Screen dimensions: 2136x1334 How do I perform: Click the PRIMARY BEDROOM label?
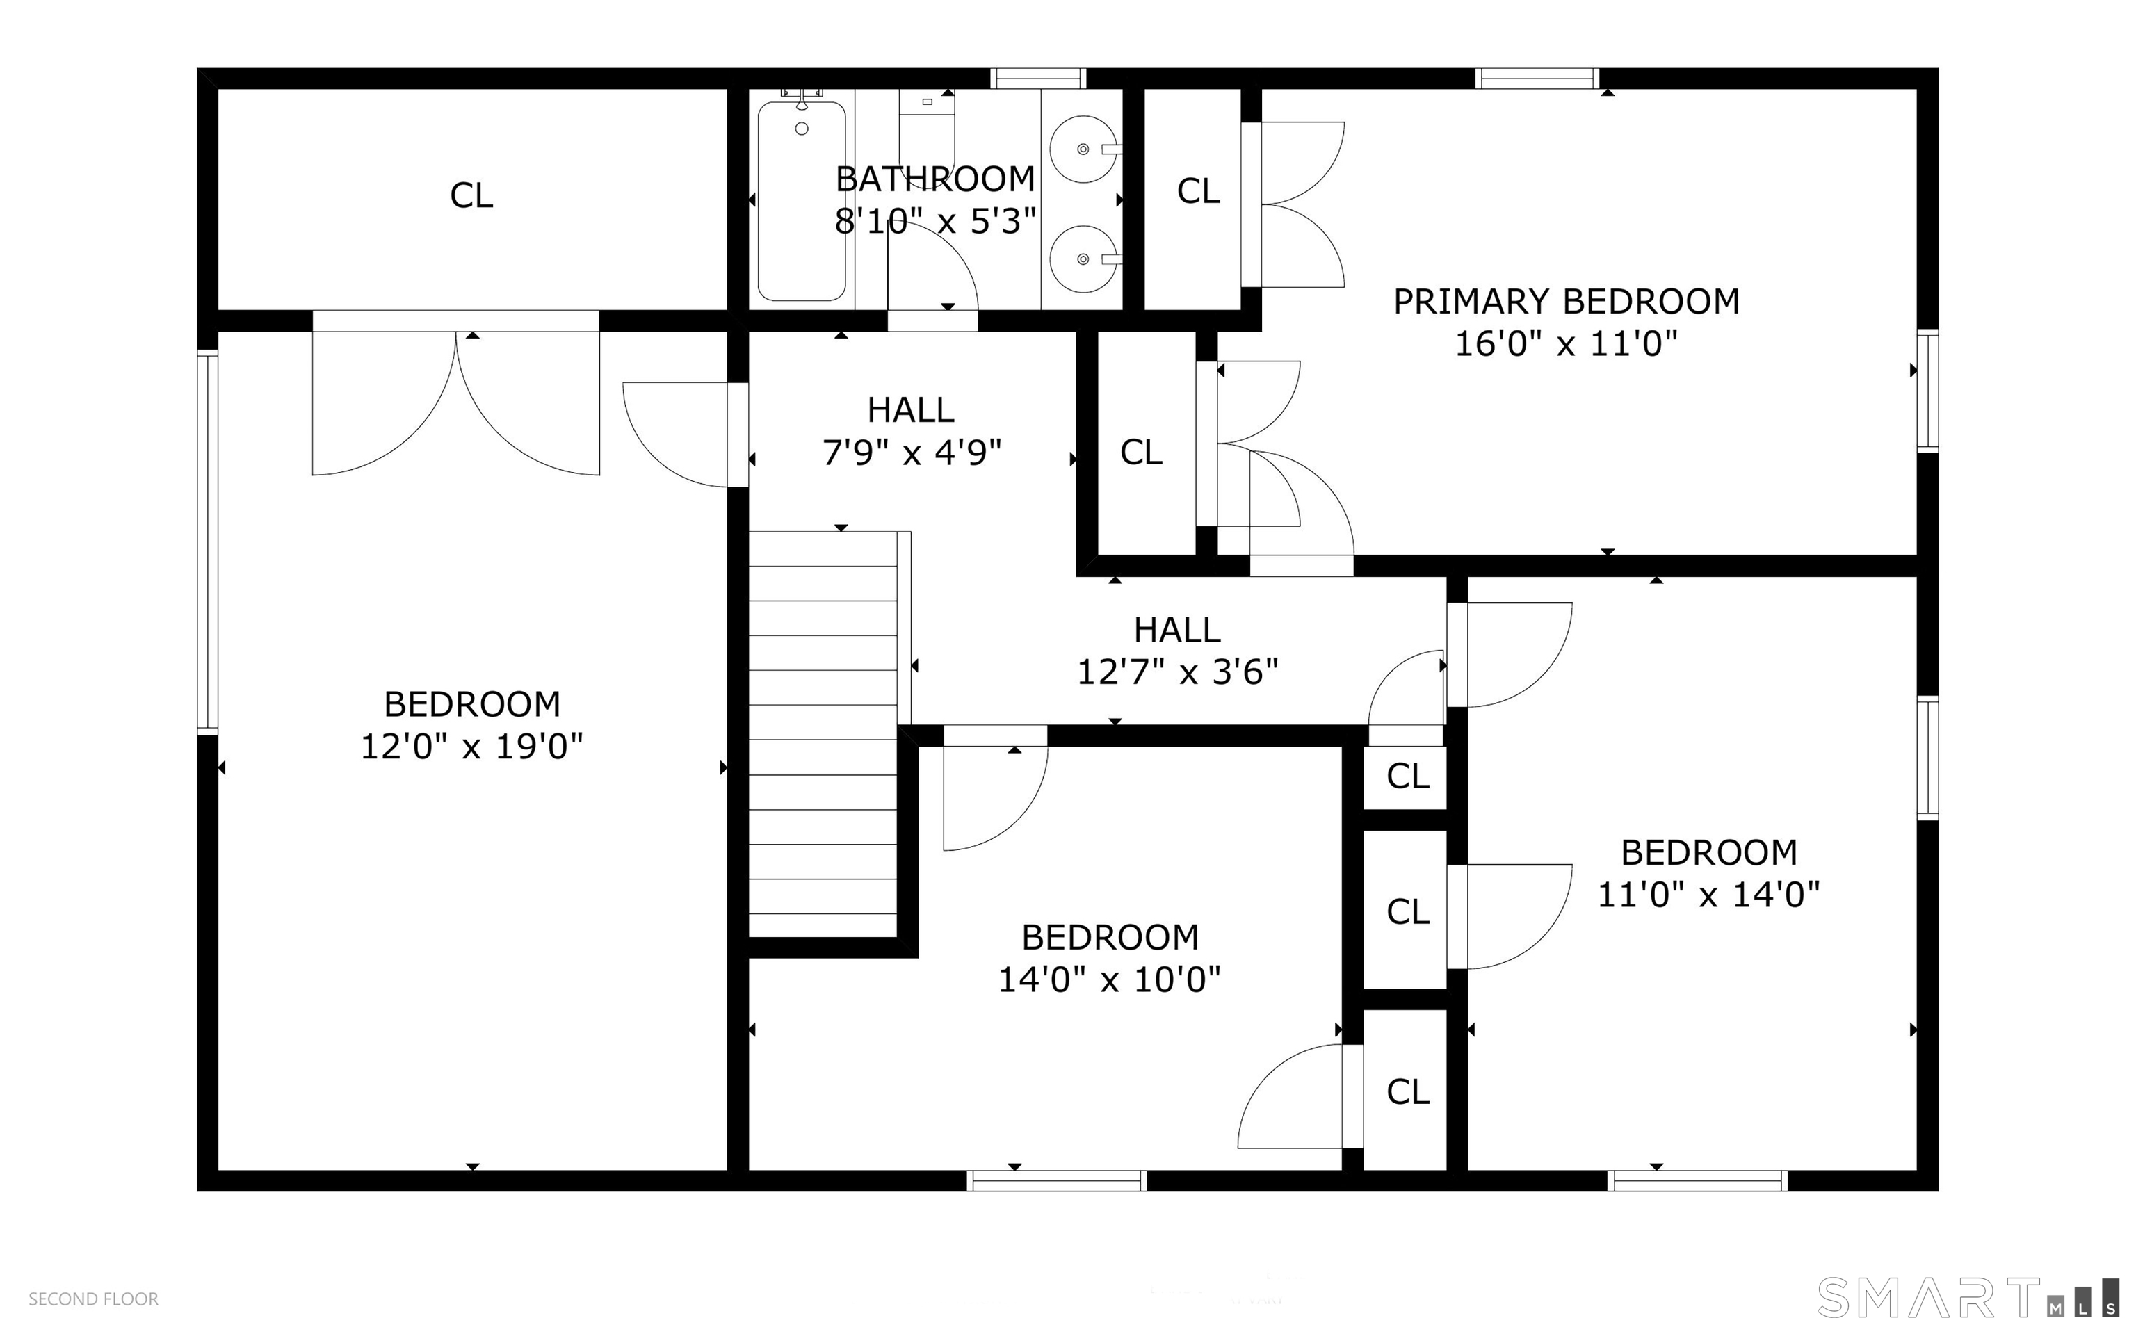pyautogui.click(x=1566, y=302)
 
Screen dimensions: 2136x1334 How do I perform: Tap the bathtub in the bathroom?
pyautogui.click(x=801, y=201)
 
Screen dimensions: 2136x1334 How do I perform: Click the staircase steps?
pyautogui.click(x=823, y=734)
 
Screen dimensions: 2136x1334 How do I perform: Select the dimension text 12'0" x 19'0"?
pyautogui.click(x=472, y=747)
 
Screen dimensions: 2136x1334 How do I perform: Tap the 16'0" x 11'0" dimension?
pyautogui.click(x=1566, y=343)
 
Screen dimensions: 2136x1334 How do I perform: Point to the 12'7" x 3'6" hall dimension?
pyautogui.click(x=1178, y=672)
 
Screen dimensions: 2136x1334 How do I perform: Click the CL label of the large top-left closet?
pyautogui.click(x=471, y=195)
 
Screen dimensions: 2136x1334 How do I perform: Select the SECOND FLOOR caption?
pyautogui.click(x=94, y=1299)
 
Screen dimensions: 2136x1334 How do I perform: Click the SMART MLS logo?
pyautogui.click(x=1968, y=1297)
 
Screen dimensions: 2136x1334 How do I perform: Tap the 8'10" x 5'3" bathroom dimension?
pyautogui.click(x=935, y=220)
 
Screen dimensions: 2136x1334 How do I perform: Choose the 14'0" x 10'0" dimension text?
pyautogui.click(x=1110, y=979)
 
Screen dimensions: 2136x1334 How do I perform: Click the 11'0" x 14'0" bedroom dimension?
pyautogui.click(x=1710, y=895)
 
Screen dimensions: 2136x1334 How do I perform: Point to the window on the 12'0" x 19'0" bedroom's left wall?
pyautogui.click(x=207, y=542)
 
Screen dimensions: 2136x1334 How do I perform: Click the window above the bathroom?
pyautogui.click(x=1037, y=79)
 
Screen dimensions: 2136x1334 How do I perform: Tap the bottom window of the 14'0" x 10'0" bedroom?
pyautogui.click(x=1057, y=1180)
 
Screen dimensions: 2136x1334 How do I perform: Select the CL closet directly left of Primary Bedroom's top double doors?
pyautogui.click(x=1198, y=190)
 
